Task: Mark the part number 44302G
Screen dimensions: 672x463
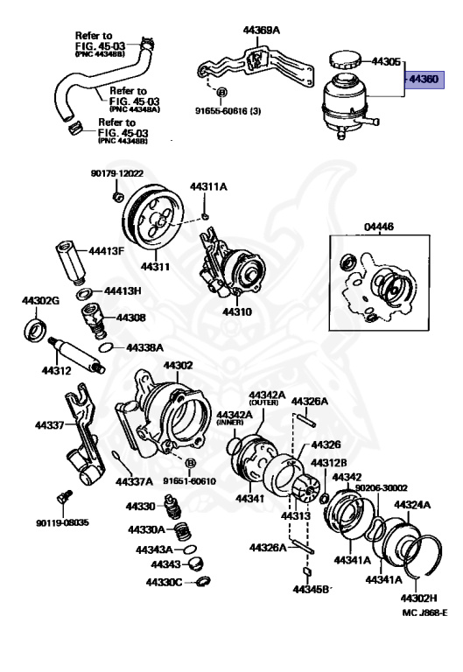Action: click(x=40, y=300)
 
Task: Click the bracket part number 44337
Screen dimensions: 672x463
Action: click(x=50, y=425)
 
